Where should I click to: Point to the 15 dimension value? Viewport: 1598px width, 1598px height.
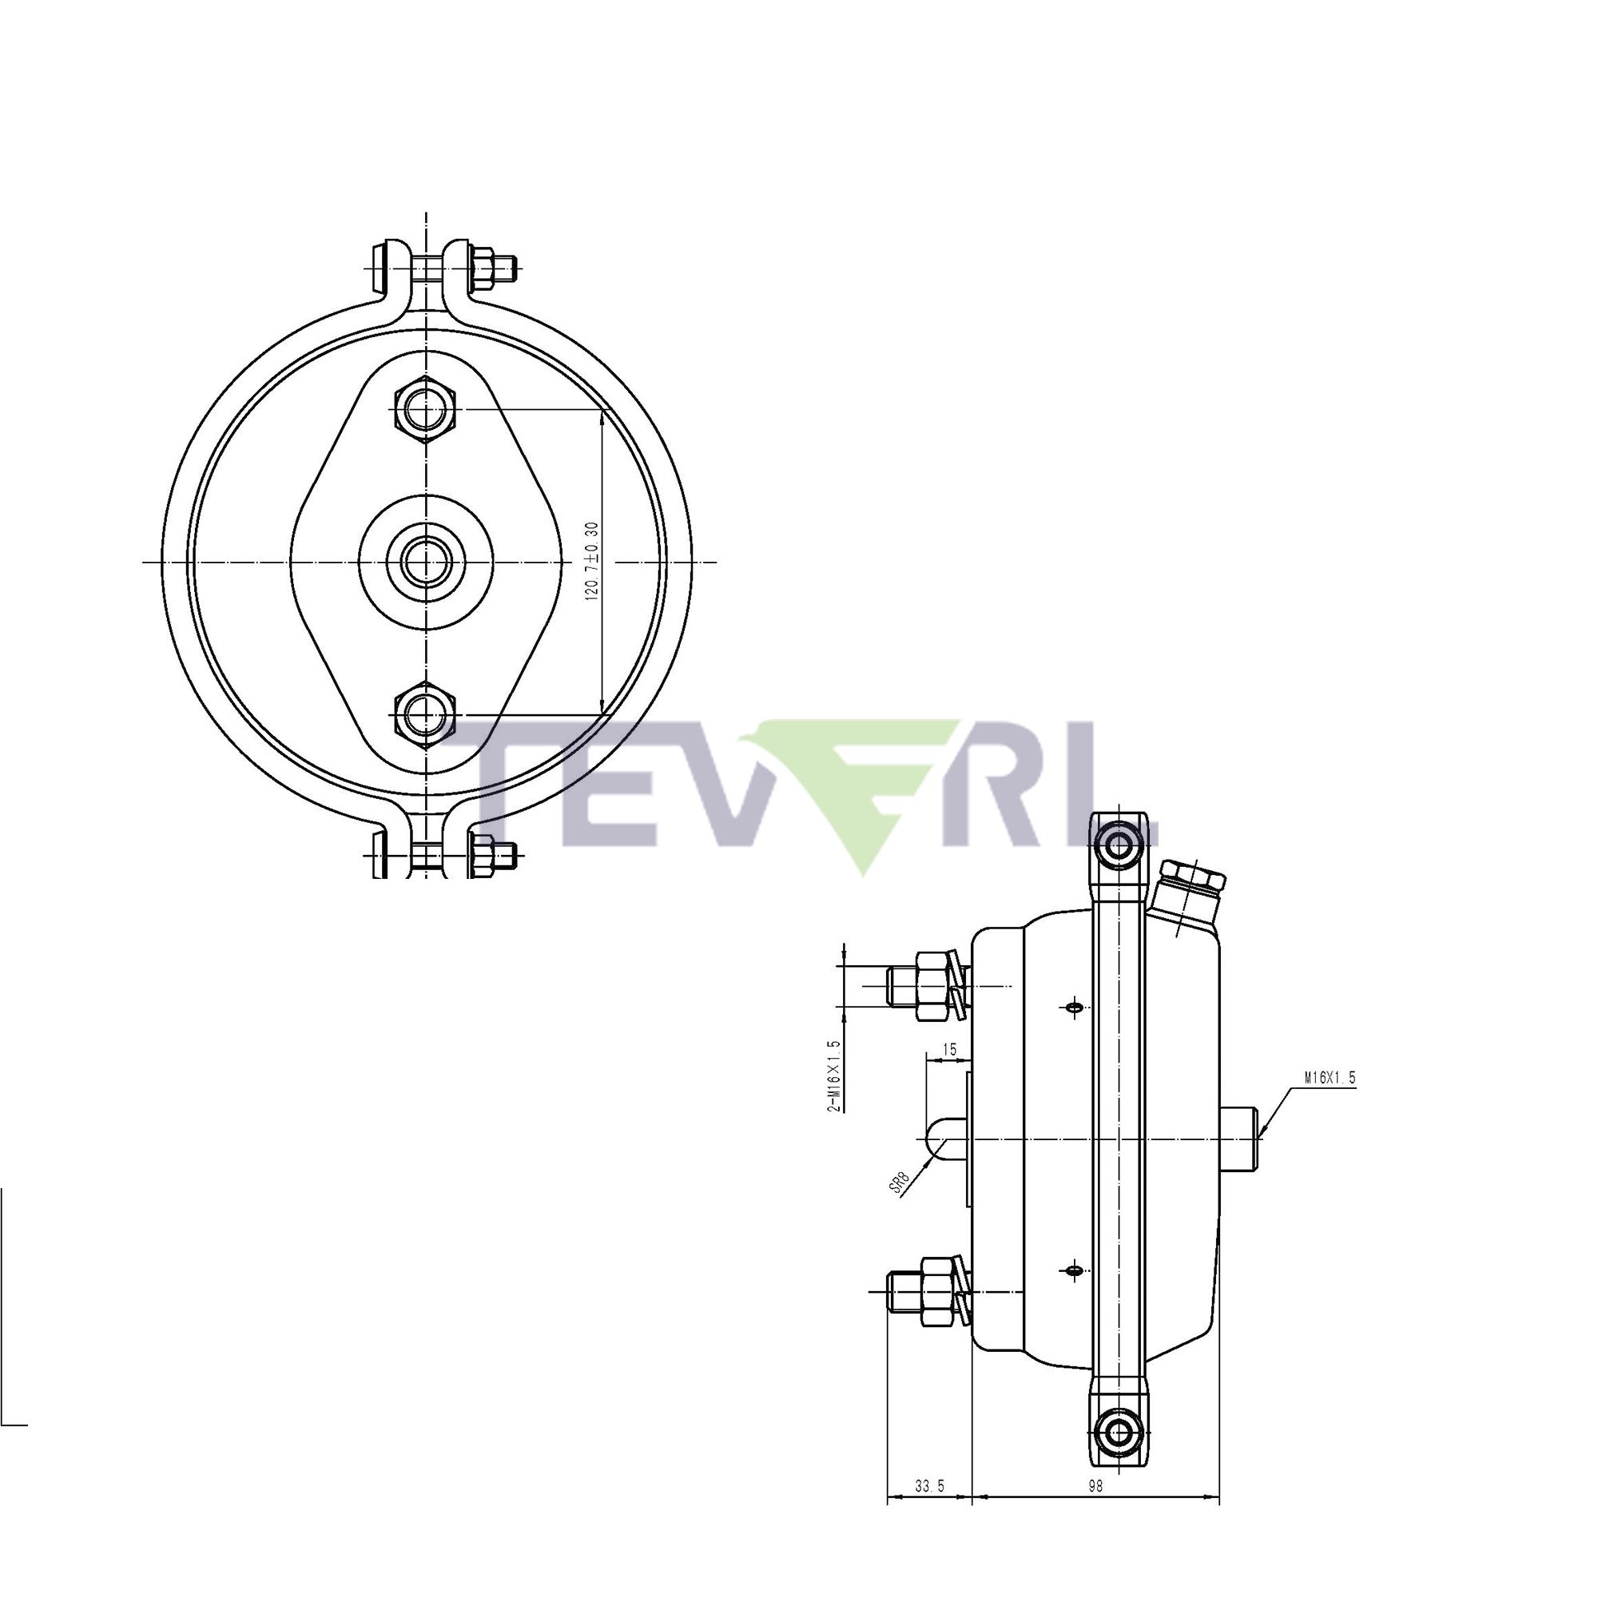[x=949, y=1050]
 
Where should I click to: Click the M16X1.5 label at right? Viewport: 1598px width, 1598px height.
[x=1330, y=1078]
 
